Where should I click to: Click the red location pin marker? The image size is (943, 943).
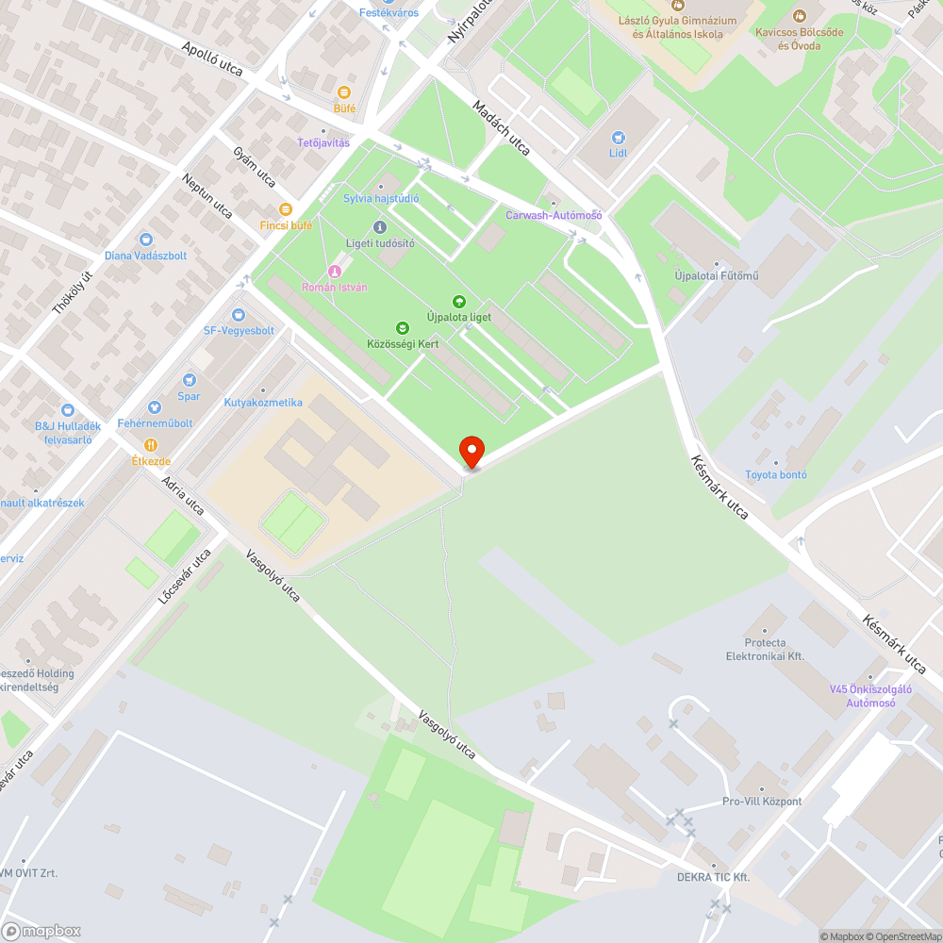click(471, 452)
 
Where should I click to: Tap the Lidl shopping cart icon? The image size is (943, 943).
click(619, 138)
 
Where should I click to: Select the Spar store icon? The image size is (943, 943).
click(190, 380)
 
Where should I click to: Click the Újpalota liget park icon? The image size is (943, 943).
click(459, 302)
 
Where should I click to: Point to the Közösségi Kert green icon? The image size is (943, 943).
click(403, 328)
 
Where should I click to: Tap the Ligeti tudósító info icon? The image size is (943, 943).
click(380, 227)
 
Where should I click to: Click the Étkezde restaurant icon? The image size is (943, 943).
click(150, 445)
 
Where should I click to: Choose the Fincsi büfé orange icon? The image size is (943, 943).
click(286, 210)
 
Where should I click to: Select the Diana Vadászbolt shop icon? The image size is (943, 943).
click(146, 240)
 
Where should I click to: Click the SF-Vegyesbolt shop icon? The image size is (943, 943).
click(240, 315)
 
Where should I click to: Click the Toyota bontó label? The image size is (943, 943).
click(776, 474)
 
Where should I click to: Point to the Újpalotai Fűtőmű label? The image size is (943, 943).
click(717, 276)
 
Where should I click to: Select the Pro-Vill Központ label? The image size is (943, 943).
click(762, 802)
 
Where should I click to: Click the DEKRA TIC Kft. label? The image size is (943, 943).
click(713, 877)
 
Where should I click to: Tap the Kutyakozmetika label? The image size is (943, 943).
click(263, 403)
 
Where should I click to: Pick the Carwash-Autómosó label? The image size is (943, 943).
click(554, 215)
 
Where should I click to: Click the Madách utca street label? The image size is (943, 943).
click(502, 127)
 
